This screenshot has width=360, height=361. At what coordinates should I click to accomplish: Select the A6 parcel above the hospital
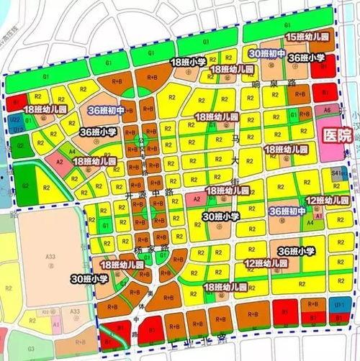[x=328, y=110]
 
